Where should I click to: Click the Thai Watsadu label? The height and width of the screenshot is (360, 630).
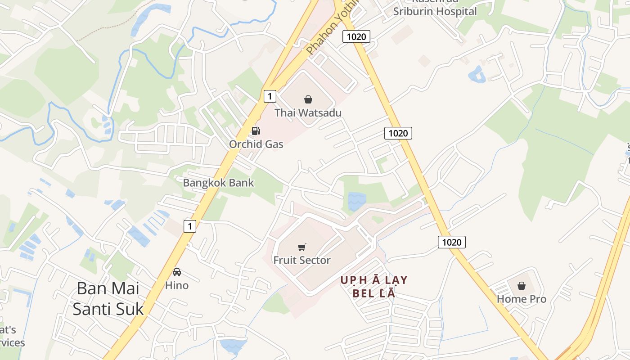[x=308, y=112]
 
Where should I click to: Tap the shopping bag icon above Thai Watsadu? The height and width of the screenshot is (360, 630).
[x=308, y=99]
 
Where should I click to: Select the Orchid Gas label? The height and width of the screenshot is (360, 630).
[x=256, y=144]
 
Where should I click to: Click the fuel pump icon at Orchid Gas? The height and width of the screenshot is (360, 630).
[x=256, y=131]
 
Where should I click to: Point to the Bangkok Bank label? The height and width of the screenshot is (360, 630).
[x=218, y=183]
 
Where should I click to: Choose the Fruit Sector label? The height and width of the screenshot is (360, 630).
[x=302, y=260]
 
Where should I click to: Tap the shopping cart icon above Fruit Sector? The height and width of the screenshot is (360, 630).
[x=302, y=247]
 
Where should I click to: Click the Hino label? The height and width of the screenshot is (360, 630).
[x=177, y=285]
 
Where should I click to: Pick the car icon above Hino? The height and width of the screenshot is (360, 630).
[x=177, y=272]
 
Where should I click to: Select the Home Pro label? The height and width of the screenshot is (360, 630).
[x=522, y=299]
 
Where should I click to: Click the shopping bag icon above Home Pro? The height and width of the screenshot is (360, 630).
[x=521, y=286]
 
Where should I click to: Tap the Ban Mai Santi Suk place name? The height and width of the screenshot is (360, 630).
[x=108, y=298]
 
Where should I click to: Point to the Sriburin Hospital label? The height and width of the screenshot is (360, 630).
[x=435, y=11]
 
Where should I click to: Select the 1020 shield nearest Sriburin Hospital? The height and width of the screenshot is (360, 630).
[x=356, y=36]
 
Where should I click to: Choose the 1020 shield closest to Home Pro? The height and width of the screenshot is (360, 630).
[x=452, y=242]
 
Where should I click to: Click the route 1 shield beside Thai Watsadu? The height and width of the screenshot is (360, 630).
[x=270, y=96]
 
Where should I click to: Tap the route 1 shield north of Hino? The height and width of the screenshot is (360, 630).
[x=190, y=226]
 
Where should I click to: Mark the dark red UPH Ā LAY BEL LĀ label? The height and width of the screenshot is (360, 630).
[x=373, y=287]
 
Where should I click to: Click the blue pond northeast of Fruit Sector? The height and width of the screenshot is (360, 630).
[x=356, y=201]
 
